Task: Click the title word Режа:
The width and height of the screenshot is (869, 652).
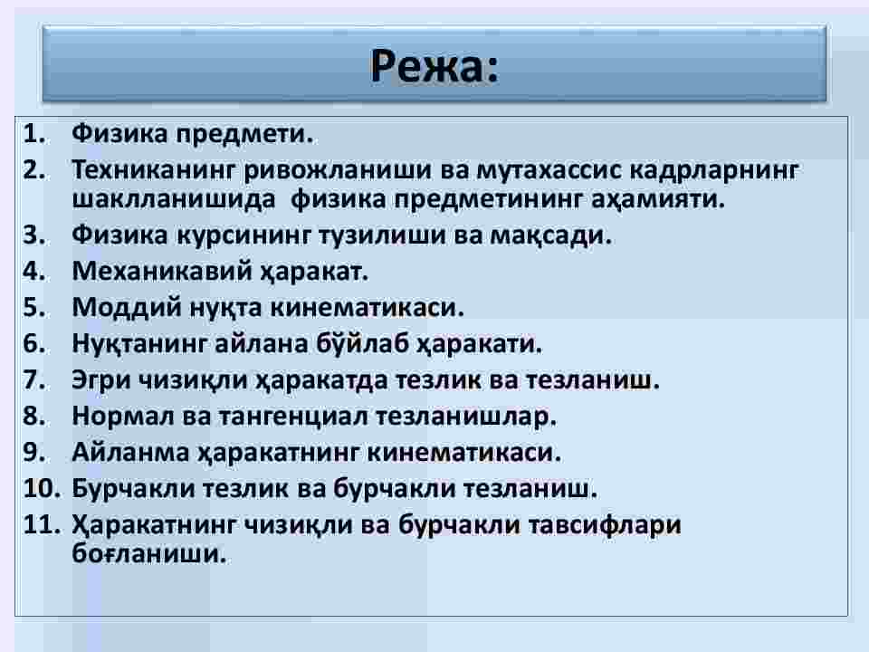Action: point(434,66)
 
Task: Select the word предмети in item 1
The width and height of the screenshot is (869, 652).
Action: point(244,135)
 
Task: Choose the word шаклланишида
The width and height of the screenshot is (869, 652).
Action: point(174,199)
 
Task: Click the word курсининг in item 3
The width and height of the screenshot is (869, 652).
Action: point(244,235)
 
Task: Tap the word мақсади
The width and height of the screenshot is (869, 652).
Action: point(551,235)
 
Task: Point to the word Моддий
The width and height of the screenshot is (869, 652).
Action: point(127,308)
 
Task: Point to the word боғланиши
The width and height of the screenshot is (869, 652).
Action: point(149,552)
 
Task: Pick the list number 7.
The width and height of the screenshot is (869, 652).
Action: point(34,379)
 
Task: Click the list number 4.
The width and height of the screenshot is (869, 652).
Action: point(34,271)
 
